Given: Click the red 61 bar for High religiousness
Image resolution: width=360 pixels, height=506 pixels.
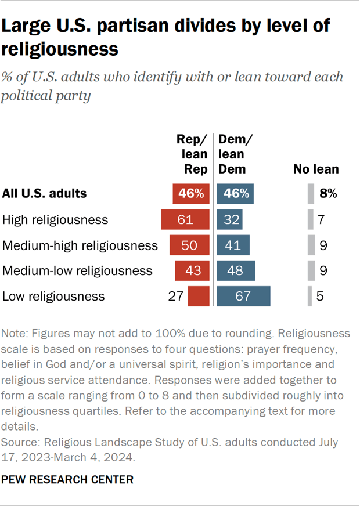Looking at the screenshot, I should (x=186, y=219).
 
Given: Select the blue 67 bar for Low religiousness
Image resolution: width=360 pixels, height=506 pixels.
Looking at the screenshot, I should (x=243, y=296).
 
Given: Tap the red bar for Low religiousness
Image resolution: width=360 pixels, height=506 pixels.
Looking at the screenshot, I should (x=198, y=296).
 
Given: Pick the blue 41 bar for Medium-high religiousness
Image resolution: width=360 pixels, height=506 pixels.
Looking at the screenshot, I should (x=233, y=245).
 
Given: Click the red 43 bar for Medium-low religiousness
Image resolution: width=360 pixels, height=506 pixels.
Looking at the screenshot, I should (x=192, y=270).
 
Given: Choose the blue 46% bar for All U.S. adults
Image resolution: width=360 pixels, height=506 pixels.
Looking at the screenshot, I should (x=235, y=194).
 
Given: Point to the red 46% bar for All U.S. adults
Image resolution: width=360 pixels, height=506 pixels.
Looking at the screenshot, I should (x=190, y=194).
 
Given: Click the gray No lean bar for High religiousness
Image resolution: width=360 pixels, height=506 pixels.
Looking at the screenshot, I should (x=311, y=219).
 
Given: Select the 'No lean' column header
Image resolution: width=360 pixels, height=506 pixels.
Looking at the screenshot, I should (x=316, y=169).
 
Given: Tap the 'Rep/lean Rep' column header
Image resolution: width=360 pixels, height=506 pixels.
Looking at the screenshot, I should (x=192, y=154).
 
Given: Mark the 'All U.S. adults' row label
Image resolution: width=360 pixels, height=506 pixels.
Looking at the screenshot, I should (x=45, y=194).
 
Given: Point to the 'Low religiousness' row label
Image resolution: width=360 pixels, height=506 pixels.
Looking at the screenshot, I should (x=53, y=296).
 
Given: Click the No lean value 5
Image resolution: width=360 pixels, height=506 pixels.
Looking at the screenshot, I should (x=321, y=296).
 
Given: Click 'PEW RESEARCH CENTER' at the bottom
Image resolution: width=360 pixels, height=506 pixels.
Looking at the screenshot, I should (x=68, y=480).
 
